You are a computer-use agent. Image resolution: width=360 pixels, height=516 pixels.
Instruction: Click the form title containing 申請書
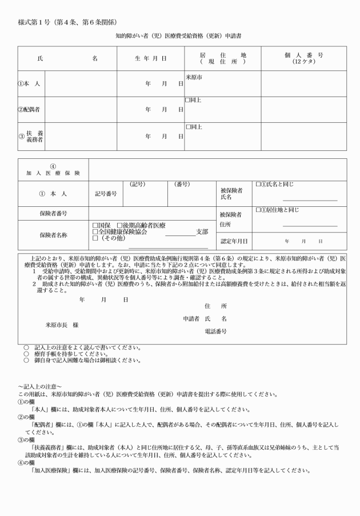pyautogui.click(x=180, y=35)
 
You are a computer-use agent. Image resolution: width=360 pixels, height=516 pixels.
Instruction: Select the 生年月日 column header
pyautogui.click(x=150, y=58)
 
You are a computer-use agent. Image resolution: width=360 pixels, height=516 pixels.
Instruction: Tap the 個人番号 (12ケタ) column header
pyautogui.click(x=303, y=58)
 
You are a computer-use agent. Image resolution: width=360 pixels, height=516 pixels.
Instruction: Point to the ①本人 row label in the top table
pyautogui.click(x=29, y=83)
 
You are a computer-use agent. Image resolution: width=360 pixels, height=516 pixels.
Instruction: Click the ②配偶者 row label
pyautogui.click(x=29, y=109)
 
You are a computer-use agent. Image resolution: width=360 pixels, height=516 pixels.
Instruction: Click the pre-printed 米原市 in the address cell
pyautogui.click(x=194, y=76)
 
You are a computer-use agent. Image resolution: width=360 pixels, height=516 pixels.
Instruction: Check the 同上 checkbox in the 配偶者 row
pyautogui.click(x=187, y=100)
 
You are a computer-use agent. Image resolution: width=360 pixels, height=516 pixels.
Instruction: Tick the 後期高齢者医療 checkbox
pyautogui.click(x=119, y=226)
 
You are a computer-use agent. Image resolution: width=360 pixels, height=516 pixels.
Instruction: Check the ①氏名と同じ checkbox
pyautogui.click(x=258, y=185)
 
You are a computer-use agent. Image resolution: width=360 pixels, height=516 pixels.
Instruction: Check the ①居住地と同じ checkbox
pyautogui.click(x=258, y=210)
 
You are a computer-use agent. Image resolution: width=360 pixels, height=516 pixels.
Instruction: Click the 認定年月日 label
pyautogui.click(x=234, y=241)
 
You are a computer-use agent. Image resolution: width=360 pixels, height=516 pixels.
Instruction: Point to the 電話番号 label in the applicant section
pyautogui.click(x=215, y=331)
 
